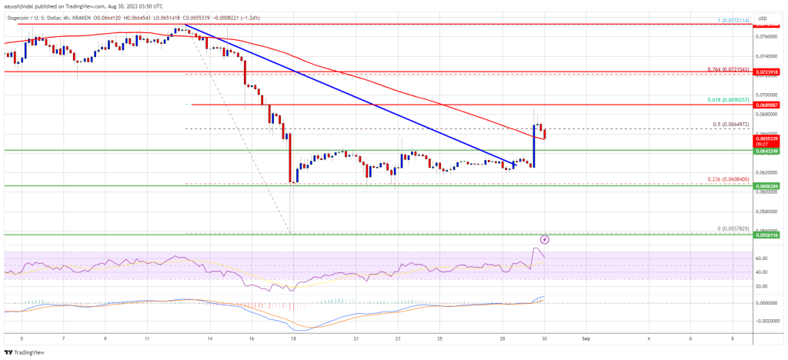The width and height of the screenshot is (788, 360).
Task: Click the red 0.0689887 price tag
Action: coord(770,105)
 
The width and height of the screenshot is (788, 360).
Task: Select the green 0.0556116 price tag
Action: coord(770,234)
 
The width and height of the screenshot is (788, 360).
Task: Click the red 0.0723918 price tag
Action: coord(770,72)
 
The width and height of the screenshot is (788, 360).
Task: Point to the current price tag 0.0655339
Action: coord(770,138)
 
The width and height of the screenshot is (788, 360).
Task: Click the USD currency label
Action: coord(770,16)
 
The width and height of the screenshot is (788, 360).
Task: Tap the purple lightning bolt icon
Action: coord(546,239)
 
